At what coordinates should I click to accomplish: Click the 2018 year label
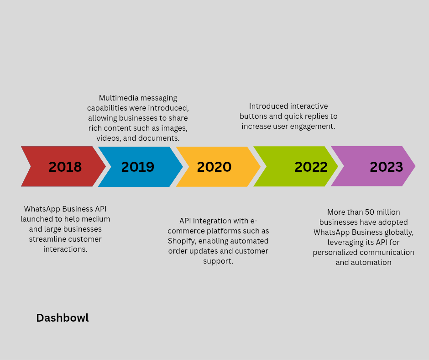click(65, 167)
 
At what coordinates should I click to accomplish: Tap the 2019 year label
click(138, 167)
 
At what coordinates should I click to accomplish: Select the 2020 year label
click(214, 167)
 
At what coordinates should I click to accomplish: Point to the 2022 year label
click(311, 167)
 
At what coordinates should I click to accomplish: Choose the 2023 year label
click(386, 167)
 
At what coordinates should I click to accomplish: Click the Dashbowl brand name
click(63, 318)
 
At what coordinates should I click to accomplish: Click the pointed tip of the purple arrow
click(415, 166)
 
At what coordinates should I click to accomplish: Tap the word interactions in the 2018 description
click(65, 249)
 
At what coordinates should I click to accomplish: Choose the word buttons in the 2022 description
click(253, 116)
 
